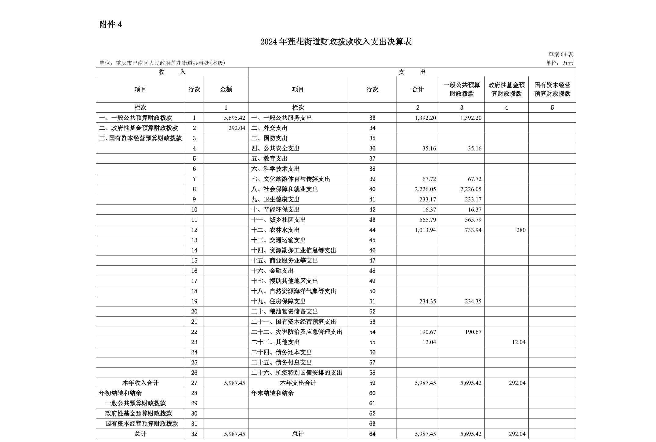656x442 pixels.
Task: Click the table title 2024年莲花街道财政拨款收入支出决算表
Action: pos(336,42)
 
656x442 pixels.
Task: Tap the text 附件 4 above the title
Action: pos(111,25)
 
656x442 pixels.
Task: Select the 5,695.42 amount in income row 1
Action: pos(234,118)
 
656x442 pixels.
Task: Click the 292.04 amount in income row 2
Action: pos(237,128)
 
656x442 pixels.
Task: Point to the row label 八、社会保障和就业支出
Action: pos(284,189)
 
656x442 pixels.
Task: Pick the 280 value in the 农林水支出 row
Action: pos(521,230)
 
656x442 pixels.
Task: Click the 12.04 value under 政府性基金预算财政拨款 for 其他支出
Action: pos(519,342)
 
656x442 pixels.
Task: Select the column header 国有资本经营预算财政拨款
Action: pos(552,89)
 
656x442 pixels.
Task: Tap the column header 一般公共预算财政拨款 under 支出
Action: pos(462,89)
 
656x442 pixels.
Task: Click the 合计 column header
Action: pos(418,89)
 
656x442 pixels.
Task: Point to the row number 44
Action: pos(372,230)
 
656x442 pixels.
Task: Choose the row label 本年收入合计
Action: pos(140,383)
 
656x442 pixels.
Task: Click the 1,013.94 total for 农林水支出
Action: pos(425,230)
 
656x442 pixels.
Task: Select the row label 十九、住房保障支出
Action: pos(278,301)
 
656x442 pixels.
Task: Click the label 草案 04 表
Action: pos(560,54)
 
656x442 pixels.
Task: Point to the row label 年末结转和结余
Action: pos(272,393)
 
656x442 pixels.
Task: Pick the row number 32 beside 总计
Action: pos(194,434)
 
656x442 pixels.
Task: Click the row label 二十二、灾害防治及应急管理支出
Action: pos(296,332)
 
